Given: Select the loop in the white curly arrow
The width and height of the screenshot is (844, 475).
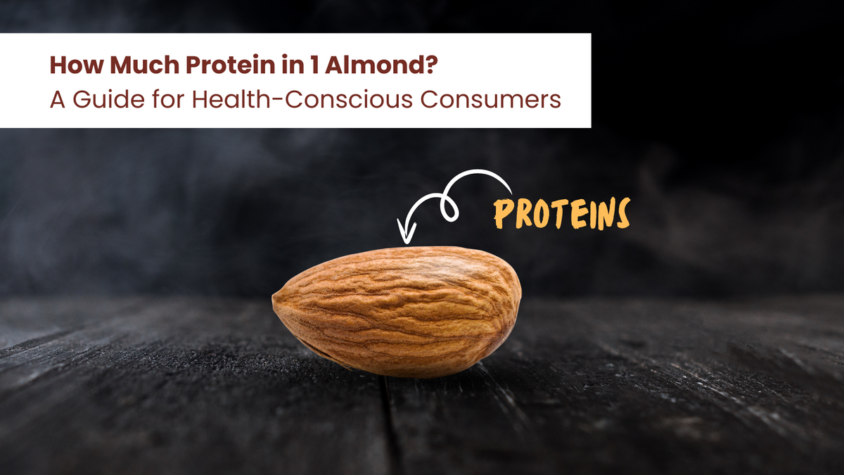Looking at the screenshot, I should click(448, 208).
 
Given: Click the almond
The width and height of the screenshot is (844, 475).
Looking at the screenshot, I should click(397, 310).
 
